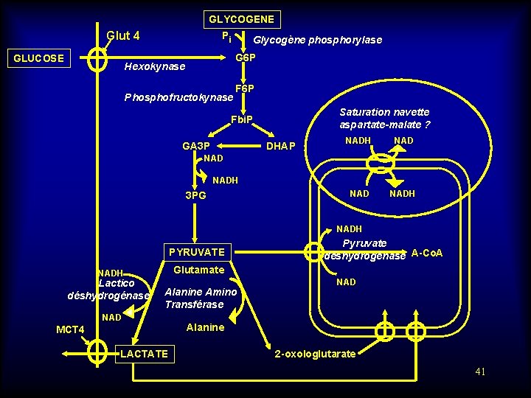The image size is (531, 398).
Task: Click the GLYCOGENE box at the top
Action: click(x=241, y=19)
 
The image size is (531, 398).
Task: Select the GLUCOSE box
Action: click(x=39, y=58)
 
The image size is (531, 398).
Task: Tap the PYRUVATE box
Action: click(x=197, y=252)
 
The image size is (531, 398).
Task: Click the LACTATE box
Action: click(x=144, y=354)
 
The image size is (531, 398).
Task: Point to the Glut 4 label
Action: click(x=123, y=35)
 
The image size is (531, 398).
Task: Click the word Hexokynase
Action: click(x=155, y=67)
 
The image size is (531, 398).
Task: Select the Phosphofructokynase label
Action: click(x=178, y=97)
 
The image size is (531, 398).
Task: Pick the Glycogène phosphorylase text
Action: click(x=317, y=40)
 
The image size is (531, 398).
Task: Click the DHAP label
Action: click(x=280, y=146)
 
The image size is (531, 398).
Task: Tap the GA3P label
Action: click(x=196, y=146)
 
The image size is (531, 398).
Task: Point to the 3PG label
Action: click(x=195, y=196)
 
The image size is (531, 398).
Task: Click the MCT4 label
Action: click(x=71, y=329)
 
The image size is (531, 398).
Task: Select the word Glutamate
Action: click(x=198, y=270)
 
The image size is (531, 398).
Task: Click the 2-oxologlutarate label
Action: click(x=315, y=355)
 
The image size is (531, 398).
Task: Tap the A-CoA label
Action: click(x=427, y=254)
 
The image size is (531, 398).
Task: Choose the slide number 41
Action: click(x=480, y=371)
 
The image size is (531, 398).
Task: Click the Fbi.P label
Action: click(x=241, y=119)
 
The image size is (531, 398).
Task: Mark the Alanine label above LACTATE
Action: click(x=205, y=327)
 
